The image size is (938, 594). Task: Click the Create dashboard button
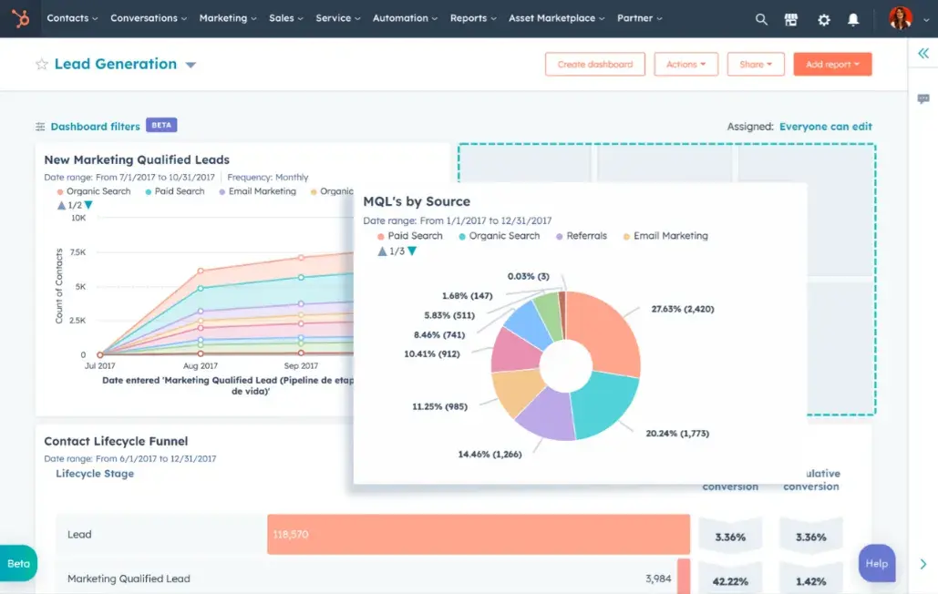[594, 65]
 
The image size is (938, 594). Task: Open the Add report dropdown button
[832, 65]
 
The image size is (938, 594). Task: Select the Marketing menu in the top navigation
[228, 18]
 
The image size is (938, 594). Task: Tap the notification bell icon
[853, 19]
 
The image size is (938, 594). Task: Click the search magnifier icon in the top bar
[762, 19]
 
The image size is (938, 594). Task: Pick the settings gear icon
[824, 19]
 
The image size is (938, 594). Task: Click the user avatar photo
[900, 18]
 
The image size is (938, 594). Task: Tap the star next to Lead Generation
[41, 65]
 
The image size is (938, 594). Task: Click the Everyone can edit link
[825, 127]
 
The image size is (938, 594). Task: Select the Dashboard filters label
[95, 127]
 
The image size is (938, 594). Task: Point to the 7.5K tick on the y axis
[77, 252]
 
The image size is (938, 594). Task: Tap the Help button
[876, 564]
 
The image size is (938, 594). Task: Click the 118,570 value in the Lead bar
[290, 535]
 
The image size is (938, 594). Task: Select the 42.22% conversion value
[730, 581]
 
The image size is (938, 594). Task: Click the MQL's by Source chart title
[417, 201]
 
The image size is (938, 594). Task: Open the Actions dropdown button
[685, 65]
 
